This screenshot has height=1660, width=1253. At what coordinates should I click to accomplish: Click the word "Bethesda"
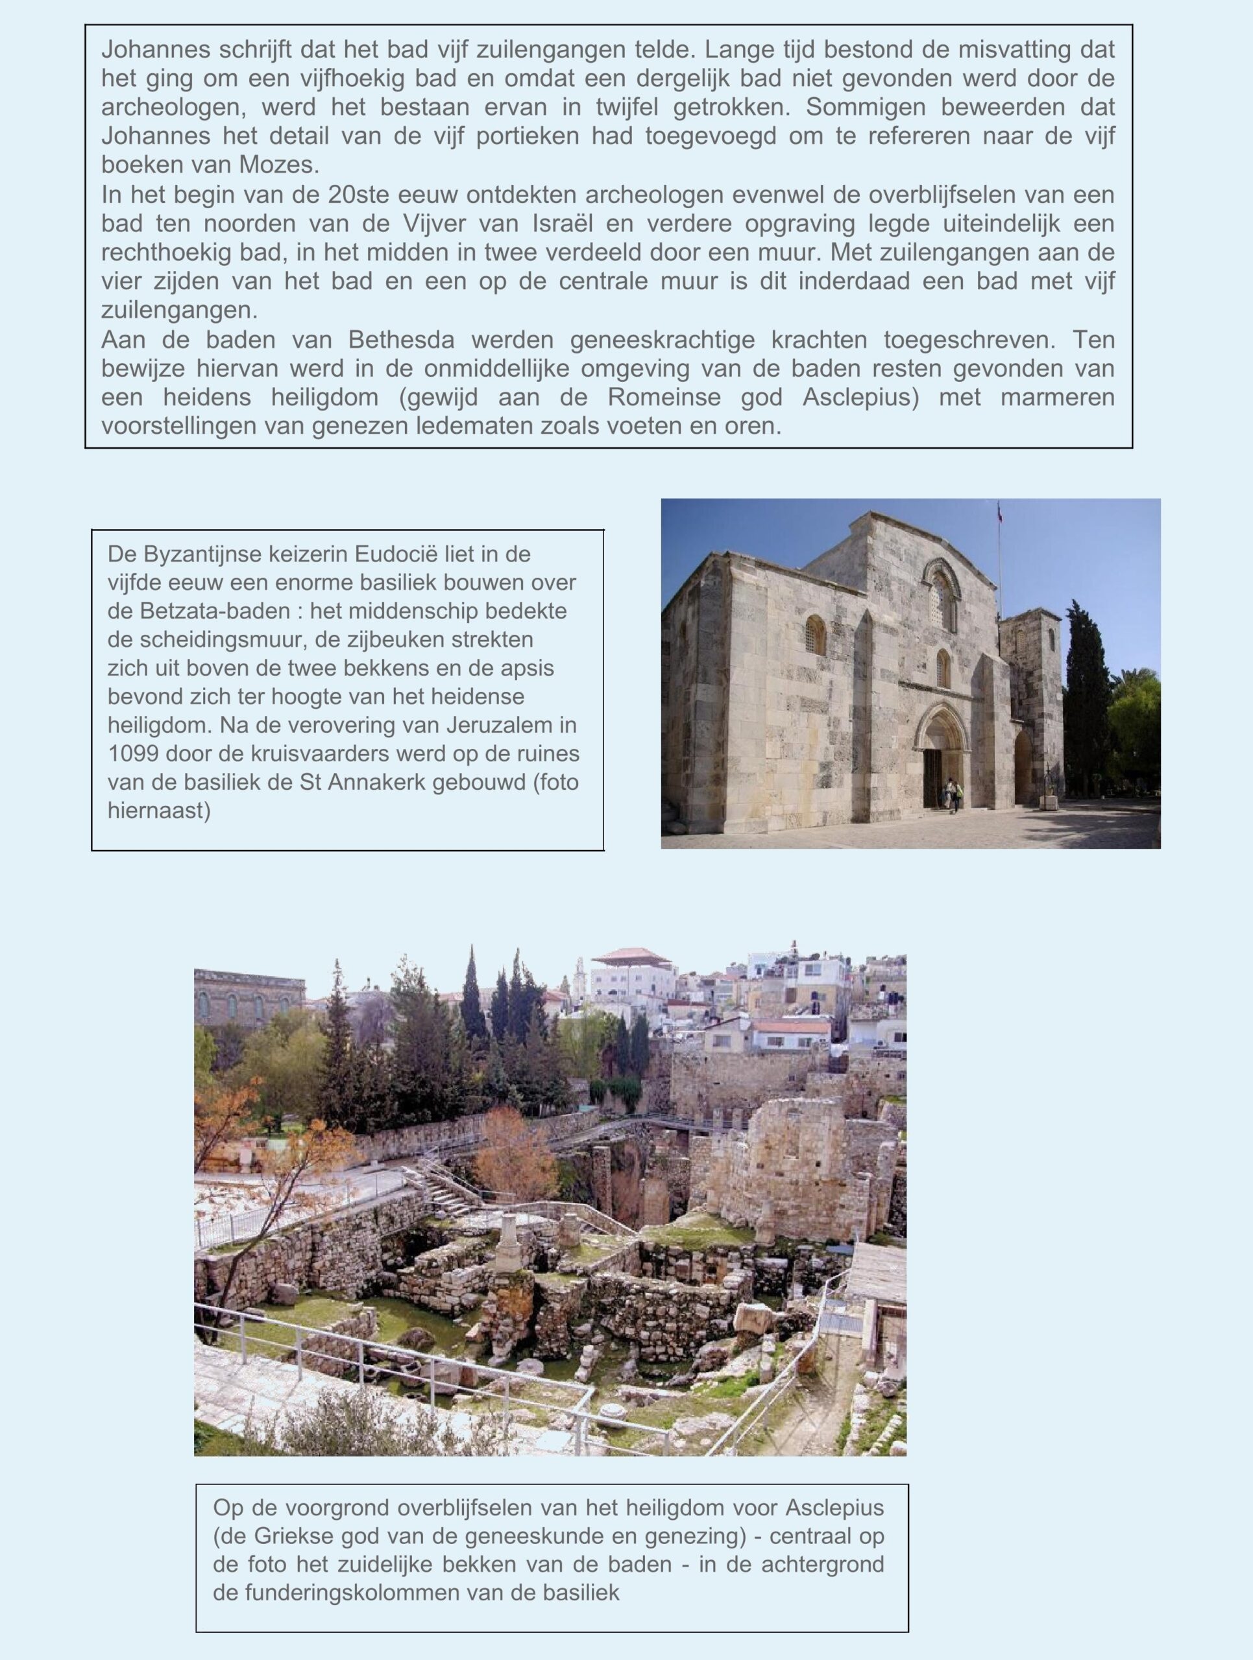[402, 340]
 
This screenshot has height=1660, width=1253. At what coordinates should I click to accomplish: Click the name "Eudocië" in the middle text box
[397, 554]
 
